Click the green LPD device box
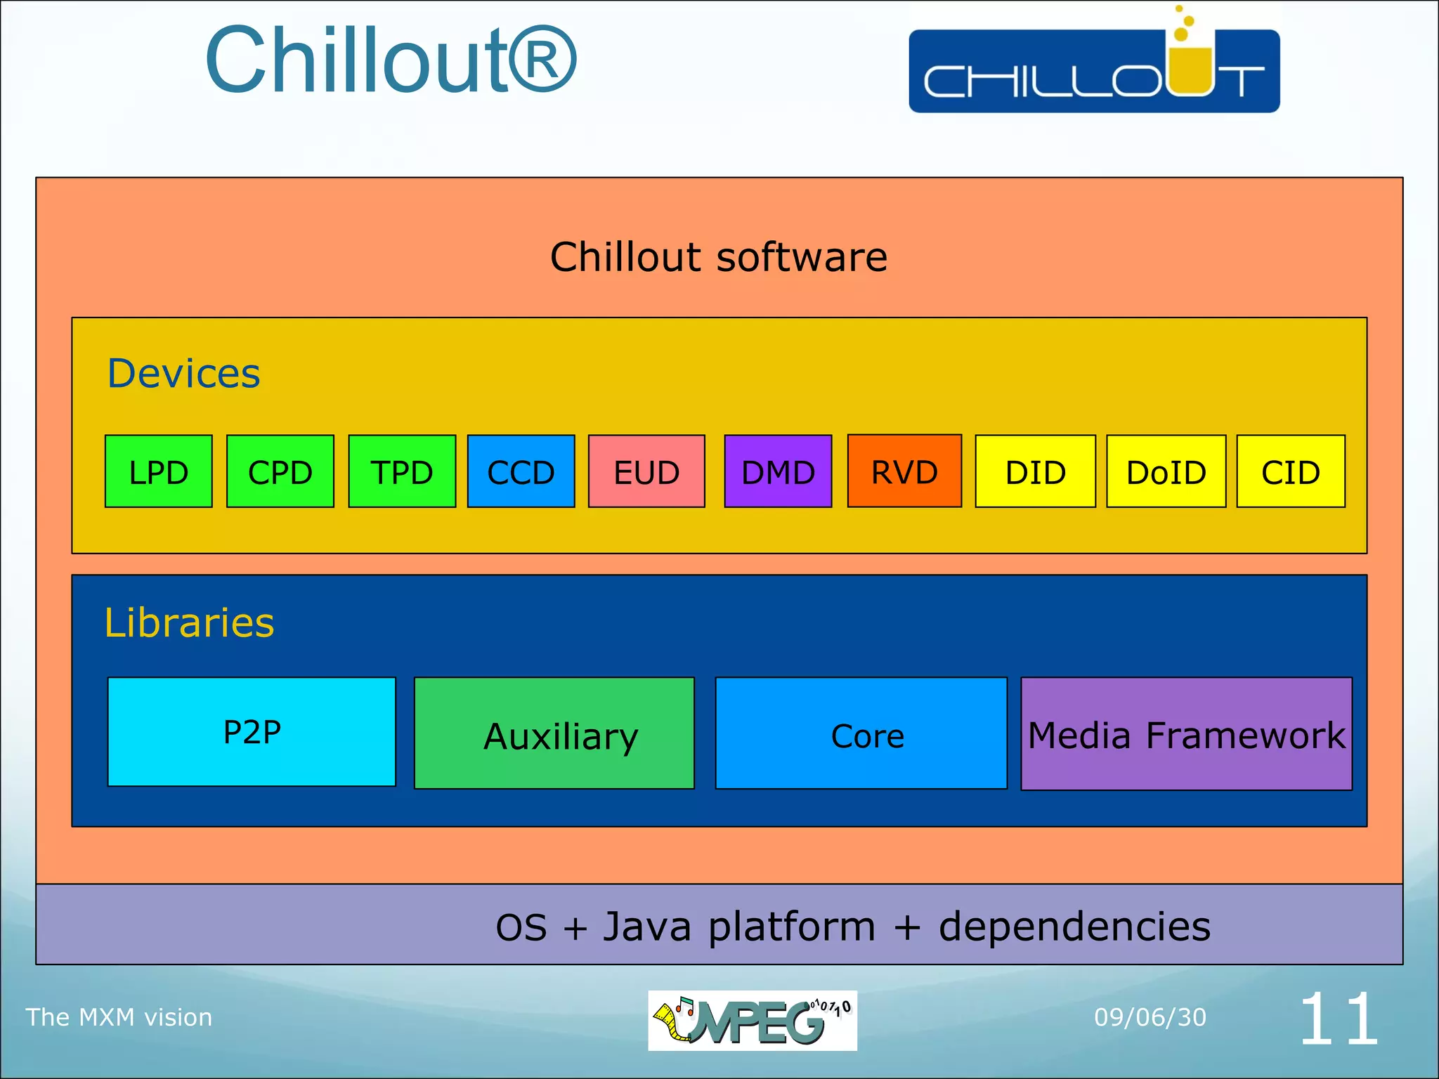[158, 471]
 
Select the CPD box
[280, 471]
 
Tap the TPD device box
[402, 471]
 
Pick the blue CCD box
[521, 471]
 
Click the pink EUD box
[646, 471]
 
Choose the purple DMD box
[778, 471]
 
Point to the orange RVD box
[904, 471]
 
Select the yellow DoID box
[1166, 471]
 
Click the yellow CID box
[1291, 471]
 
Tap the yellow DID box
[1035, 471]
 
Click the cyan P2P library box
[252, 732]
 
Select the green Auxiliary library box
[554, 733]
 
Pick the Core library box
[861, 733]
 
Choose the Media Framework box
[1186, 734]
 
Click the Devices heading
[183, 373]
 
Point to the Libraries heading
[189, 622]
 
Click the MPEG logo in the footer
[752, 1021]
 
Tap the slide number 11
[1339, 1019]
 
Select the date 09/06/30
[1150, 1017]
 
